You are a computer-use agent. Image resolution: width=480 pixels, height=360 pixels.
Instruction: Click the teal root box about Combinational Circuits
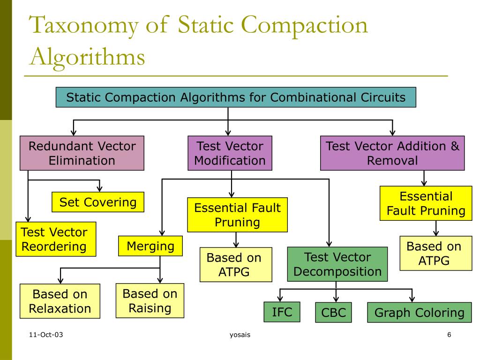[x=236, y=97]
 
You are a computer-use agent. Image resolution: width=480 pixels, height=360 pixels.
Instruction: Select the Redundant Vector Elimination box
[x=82, y=153]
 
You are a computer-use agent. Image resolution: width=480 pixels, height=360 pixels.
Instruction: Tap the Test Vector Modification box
[x=230, y=153]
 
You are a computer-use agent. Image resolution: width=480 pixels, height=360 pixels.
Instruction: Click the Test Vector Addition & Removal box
[x=392, y=153]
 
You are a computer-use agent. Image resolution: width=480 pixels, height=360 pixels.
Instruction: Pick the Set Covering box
[x=98, y=202]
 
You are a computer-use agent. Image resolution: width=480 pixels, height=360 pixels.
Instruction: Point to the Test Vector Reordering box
[x=55, y=239]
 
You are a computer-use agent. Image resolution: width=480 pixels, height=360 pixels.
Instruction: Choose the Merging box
[x=150, y=246]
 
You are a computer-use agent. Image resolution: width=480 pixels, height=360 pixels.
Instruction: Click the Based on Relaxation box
[x=60, y=301]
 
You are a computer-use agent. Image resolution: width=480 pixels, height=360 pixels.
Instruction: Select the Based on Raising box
[x=150, y=301]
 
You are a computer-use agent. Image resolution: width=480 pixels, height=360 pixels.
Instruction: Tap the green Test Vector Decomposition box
[x=337, y=264]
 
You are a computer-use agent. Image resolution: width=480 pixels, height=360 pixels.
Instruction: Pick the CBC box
[x=333, y=313]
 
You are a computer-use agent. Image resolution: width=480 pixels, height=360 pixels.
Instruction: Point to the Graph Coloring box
[x=420, y=313]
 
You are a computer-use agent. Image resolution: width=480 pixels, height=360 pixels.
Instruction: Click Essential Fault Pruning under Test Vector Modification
[x=237, y=215]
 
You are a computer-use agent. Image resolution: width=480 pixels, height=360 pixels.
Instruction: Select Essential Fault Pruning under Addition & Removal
[x=426, y=203]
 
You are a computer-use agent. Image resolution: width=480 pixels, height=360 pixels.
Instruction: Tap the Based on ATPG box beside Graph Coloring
[x=435, y=253]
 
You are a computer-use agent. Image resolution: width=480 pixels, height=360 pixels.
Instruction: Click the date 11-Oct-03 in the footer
[x=45, y=335]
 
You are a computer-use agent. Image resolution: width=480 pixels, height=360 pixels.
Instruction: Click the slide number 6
[x=449, y=335]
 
